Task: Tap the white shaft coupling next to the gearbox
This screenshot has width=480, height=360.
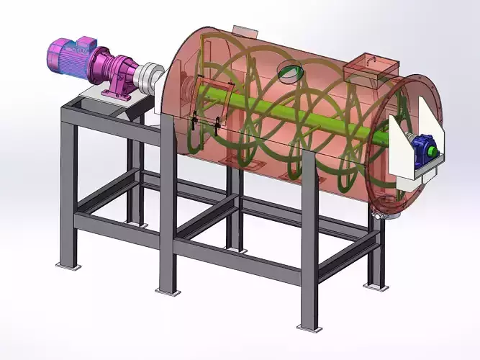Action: coord(150,76)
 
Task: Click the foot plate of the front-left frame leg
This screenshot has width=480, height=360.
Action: coord(68,267)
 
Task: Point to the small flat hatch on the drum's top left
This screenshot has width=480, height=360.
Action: coord(245,31)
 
